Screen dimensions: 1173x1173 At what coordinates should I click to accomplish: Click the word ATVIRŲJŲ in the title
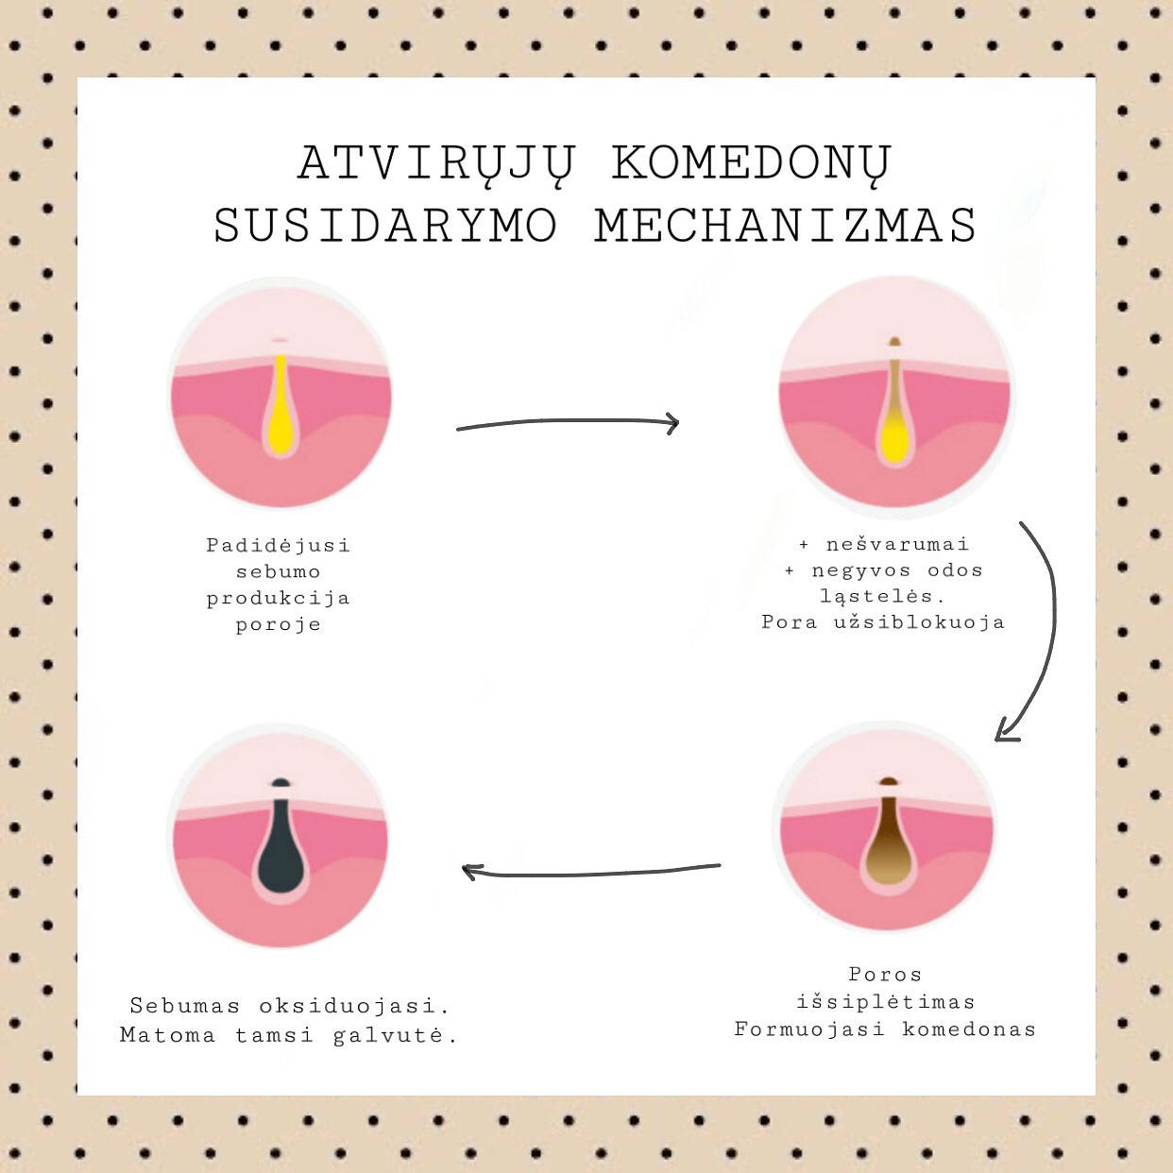tap(435, 164)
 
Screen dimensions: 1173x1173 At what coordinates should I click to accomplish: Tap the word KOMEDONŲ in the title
tap(752, 164)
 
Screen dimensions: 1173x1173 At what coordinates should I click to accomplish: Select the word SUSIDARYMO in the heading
tap(385, 225)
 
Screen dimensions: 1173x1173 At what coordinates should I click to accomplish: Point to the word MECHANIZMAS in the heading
tap(785, 225)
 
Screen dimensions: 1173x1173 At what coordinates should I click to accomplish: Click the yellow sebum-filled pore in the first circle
tap(280, 405)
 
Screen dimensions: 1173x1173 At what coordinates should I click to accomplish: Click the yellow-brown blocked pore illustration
tap(893, 405)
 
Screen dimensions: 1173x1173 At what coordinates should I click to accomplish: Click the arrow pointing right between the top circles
tap(568, 423)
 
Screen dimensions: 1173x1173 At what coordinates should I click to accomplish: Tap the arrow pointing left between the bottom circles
tap(590, 873)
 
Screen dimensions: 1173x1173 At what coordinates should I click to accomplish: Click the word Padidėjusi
tap(279, 545)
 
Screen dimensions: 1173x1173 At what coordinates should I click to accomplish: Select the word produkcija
tap(279, 599)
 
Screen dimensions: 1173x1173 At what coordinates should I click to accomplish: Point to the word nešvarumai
tap(896, 544)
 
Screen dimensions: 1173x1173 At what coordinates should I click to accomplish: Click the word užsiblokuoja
tap(919, 622)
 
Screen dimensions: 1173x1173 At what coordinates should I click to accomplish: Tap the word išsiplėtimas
tap(886, 1003)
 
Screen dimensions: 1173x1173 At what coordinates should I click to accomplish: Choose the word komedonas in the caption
tap(968, 1030)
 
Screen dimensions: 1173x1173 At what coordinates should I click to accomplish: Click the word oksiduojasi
tap(353, 1007)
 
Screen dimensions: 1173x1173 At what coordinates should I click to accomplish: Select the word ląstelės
tap(883, 597)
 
